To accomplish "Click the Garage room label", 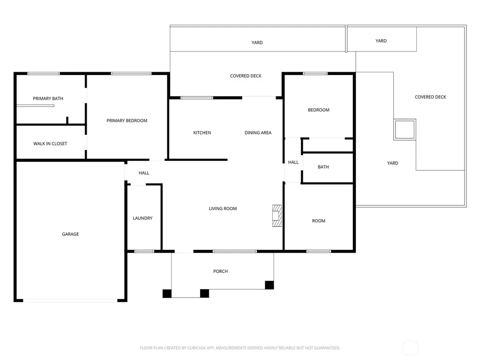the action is point(70,234).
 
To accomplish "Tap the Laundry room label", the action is point(142,218).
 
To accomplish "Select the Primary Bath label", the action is point(48,98).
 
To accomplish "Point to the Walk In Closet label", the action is point(50,143).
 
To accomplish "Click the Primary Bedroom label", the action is point(127,120).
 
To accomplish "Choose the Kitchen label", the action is point(202,133).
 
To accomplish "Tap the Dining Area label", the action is point(258,133).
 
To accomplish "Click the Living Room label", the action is point(223,209).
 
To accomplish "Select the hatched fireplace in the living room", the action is point(277,216).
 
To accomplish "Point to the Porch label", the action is point(220,271).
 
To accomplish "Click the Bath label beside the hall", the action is point(323,167).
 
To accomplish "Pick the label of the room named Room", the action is point(319,221).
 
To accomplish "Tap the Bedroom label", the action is point(319,110).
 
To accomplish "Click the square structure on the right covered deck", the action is point(405,129).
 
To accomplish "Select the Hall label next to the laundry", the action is point(144,173).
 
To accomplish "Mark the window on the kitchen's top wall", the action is point(197,98).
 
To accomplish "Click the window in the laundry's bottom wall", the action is point(144,252).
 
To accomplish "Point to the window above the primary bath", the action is point(44,74).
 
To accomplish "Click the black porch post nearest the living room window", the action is point(270,285).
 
